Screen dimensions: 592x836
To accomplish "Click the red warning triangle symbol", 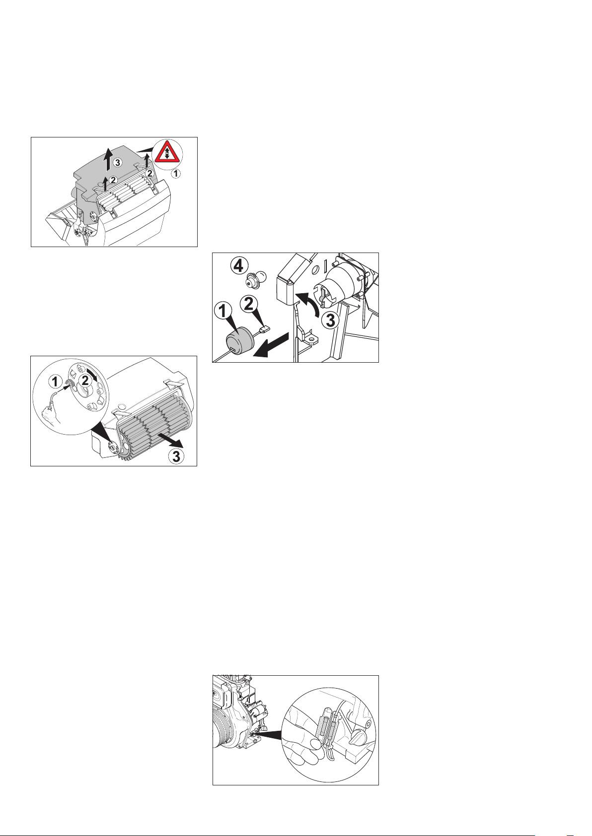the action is click(x=166, y=153).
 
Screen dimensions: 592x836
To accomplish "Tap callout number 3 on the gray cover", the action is click(x=118, y=162).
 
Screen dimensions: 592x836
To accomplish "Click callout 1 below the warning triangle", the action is click(x=177, y=174).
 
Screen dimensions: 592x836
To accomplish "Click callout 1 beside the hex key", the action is click(x=56, y=382).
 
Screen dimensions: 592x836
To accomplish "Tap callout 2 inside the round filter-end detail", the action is click(x=85, y=381).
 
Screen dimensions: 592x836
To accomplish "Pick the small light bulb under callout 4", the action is click(x=256, y=279).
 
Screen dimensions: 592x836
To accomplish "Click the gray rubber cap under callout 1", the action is click(x=240, y=340).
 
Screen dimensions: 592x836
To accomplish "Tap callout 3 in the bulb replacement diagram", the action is click(x=331, y=322).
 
